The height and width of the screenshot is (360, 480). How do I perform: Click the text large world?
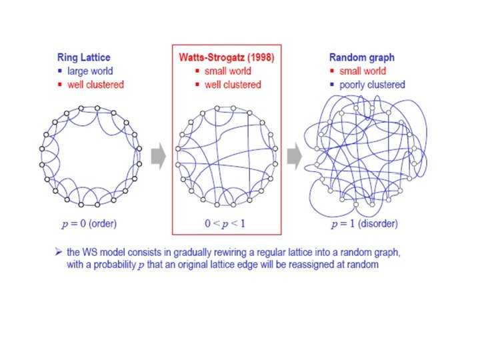click(x=90, y=71)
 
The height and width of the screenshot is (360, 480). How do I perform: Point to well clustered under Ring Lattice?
click(x=95, y=85)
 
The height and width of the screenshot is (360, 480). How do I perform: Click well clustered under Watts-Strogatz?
click(x=233, y=85)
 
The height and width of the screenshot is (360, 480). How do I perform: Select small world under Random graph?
click(x=363, y=71)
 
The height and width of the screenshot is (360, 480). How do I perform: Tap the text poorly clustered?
click(x=372, y=85)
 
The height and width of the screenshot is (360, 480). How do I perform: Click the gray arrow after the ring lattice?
click(x=157, y=157)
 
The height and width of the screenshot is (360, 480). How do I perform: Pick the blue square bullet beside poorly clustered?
click(x=333, y=85)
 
